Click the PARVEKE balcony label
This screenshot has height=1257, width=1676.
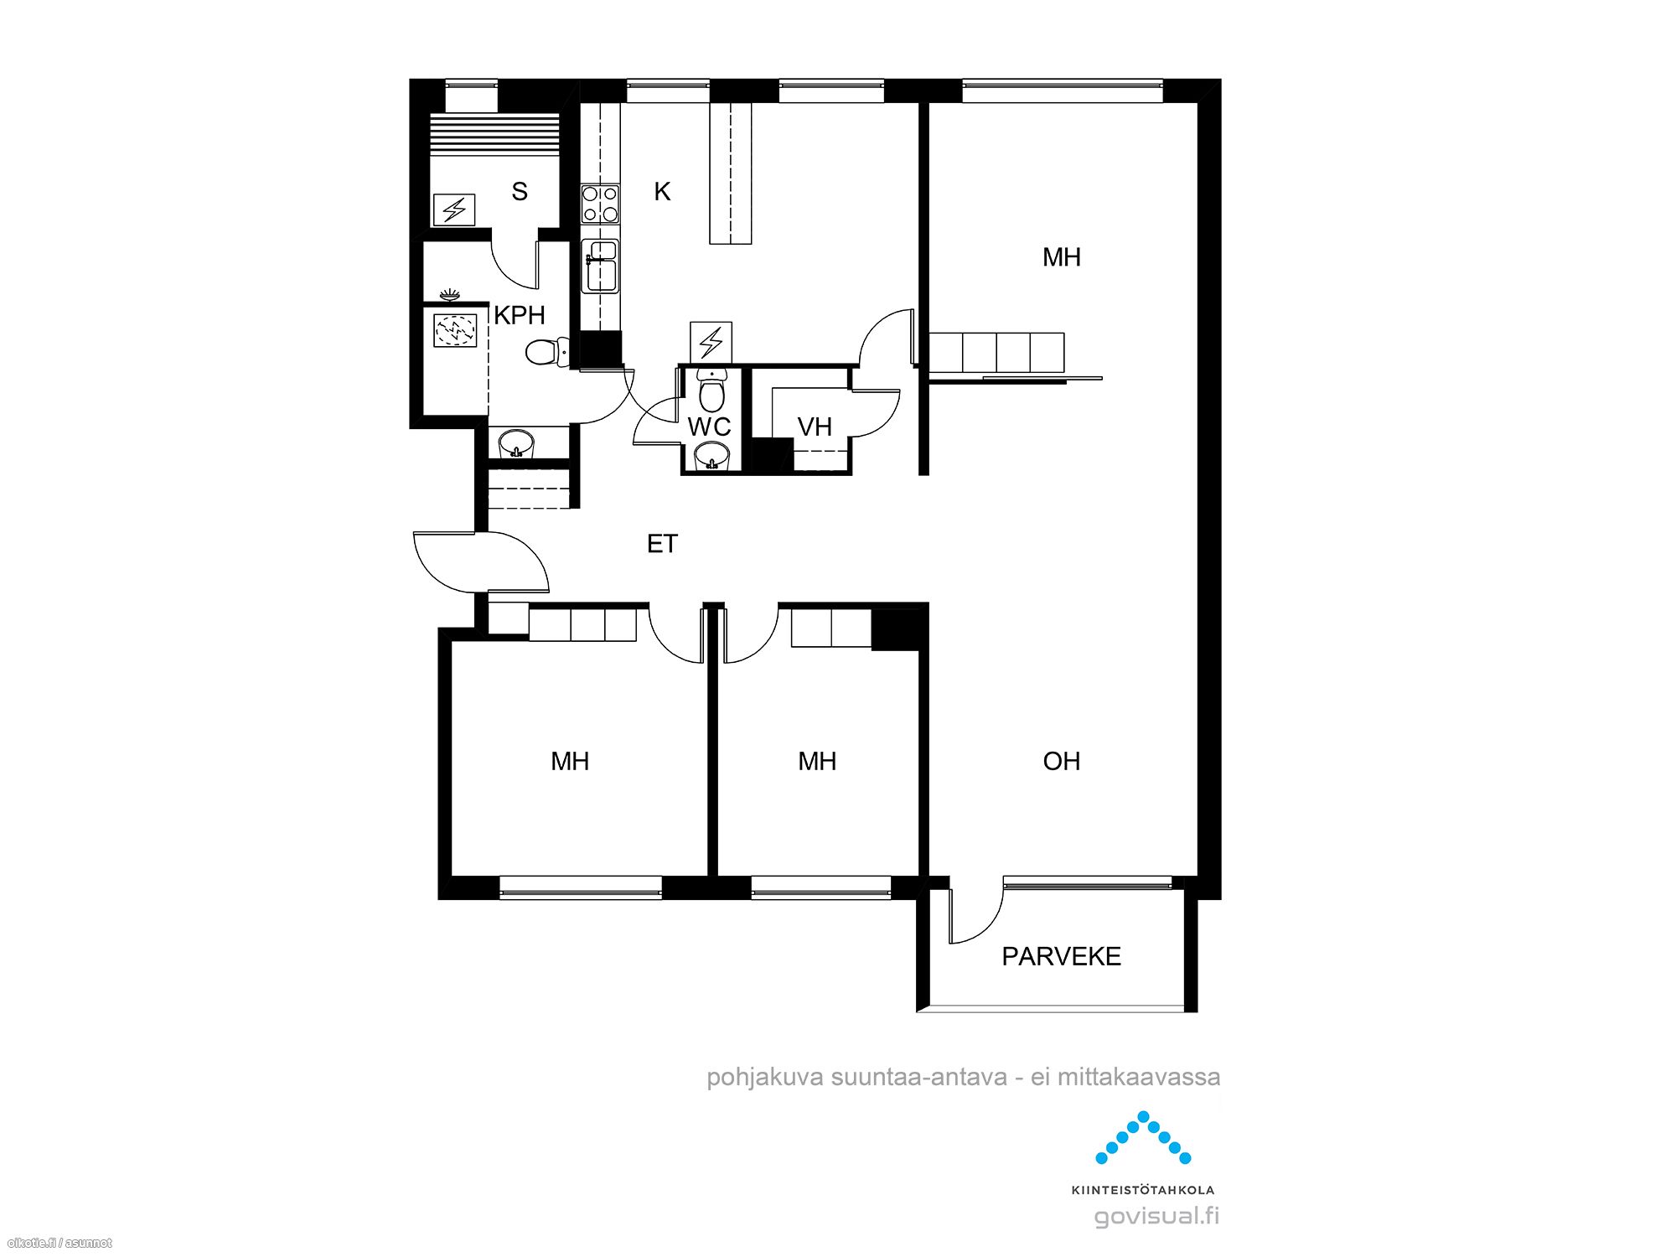(x=1061, y=956)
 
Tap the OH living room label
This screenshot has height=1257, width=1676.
(x=1062, y=761)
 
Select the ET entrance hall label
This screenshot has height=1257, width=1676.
(x=662, y=544)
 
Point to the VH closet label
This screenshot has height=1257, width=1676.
(x=815, y=427)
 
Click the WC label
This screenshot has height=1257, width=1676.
(x=709, y=427)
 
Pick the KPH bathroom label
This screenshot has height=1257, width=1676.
(x=520, y=315)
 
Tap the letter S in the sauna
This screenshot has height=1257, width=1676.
(x=520, y=192)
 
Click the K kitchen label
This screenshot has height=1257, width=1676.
(x=662, y=192)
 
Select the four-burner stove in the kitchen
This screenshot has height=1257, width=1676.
(x=601, y=204)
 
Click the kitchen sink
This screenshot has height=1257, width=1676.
(x=601, y=266)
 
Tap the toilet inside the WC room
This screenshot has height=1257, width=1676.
(x=711, y=391)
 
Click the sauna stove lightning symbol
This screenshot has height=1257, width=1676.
(x=454, y=209)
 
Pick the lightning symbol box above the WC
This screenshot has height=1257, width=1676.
(x=711, y=342)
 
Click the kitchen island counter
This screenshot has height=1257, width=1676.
(x=731, y=173)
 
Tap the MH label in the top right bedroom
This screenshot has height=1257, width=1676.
(x=1062, y=257)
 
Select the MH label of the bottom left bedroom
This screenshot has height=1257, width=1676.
(x=570, y=761)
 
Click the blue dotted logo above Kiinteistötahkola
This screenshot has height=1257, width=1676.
(x=1143, y=1138)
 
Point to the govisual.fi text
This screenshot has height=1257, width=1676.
(x=1157, y=1216)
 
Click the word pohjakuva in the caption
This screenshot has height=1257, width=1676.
(x=765, y=1078)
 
